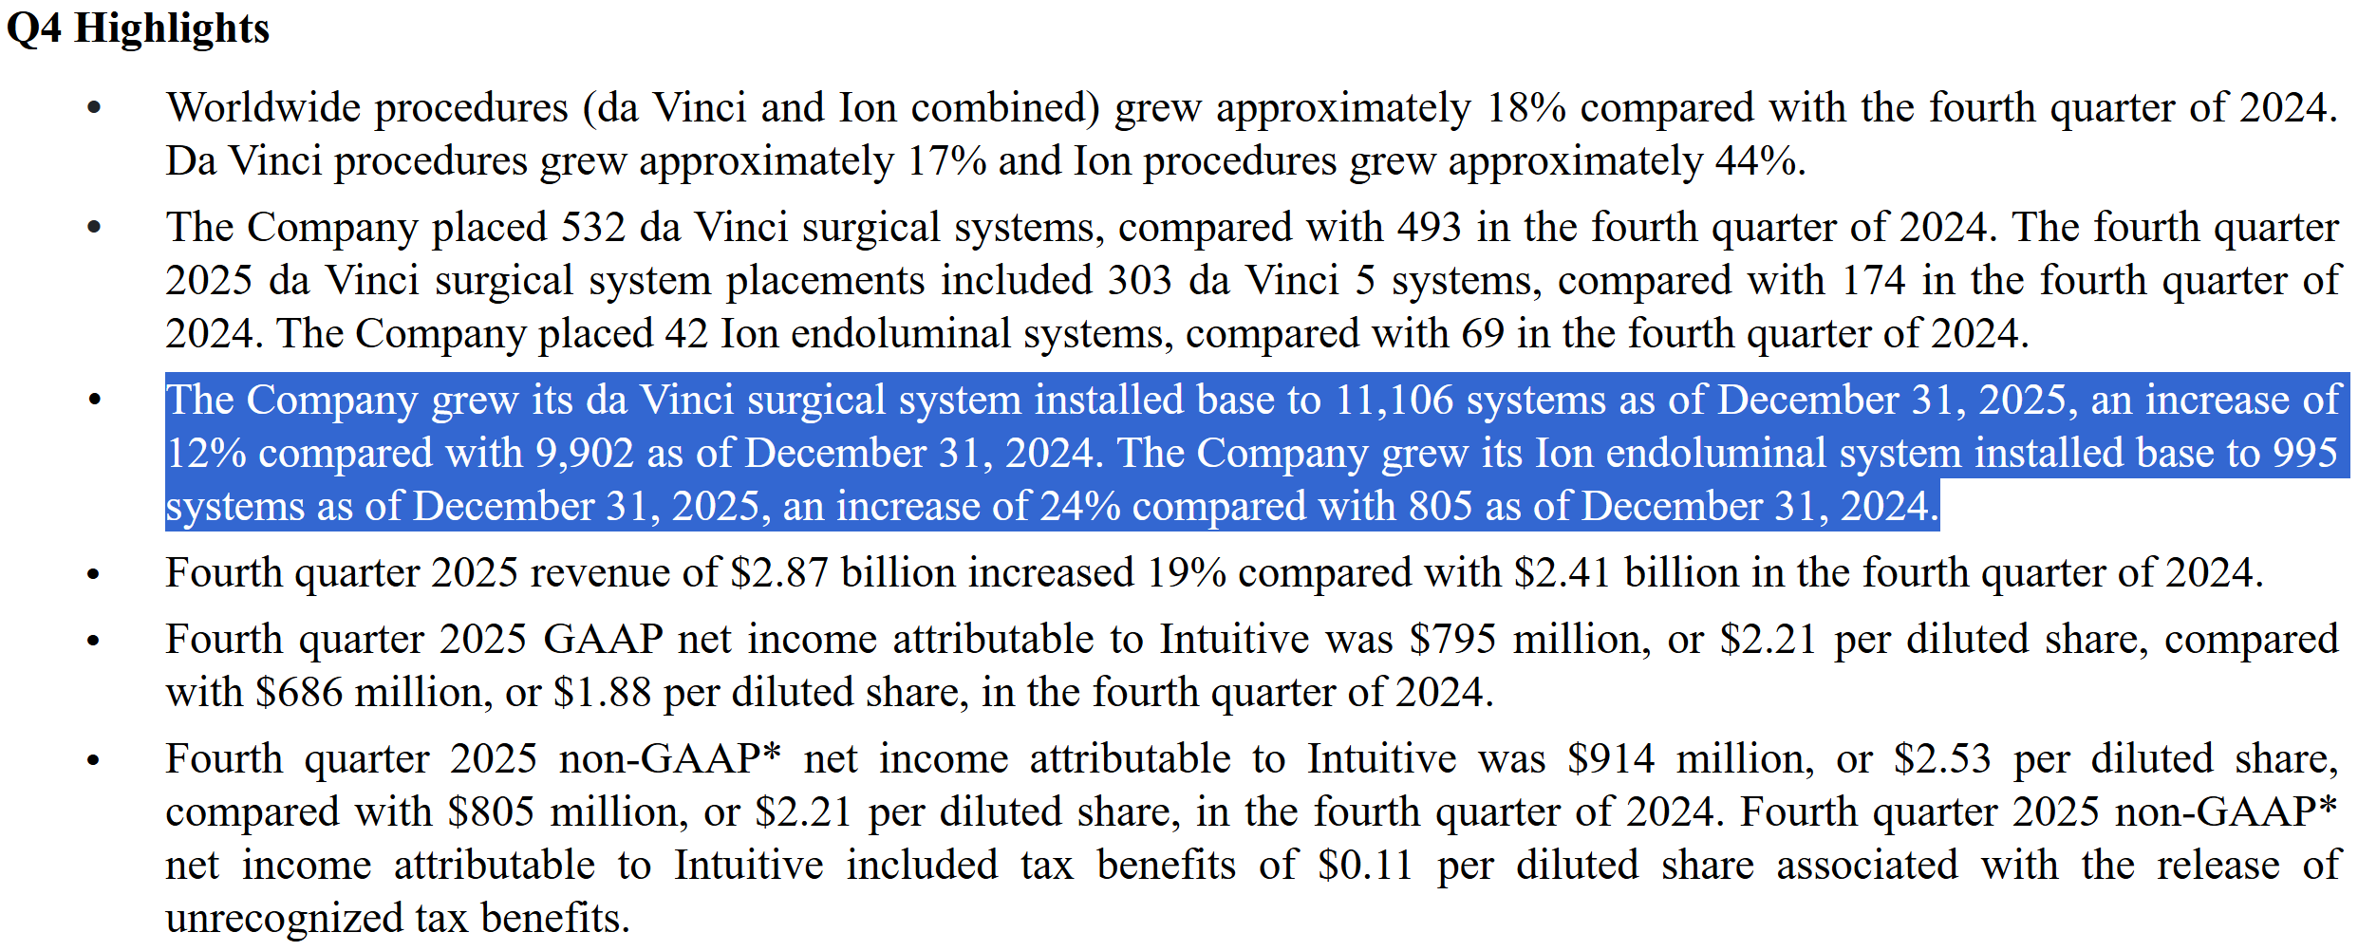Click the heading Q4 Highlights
click(138, 28)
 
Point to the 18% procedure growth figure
click(1525, 108)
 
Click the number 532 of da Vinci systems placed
click(593, 228)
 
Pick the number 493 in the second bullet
click(1429, 228)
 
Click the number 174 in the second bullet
click(1873, 281)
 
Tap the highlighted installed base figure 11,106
click(1394, 401)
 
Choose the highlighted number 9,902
click(585, 454)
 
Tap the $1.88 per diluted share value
click(602, 693)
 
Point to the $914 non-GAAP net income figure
click(1610, 759)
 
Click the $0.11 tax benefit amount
click(1364, 866)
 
